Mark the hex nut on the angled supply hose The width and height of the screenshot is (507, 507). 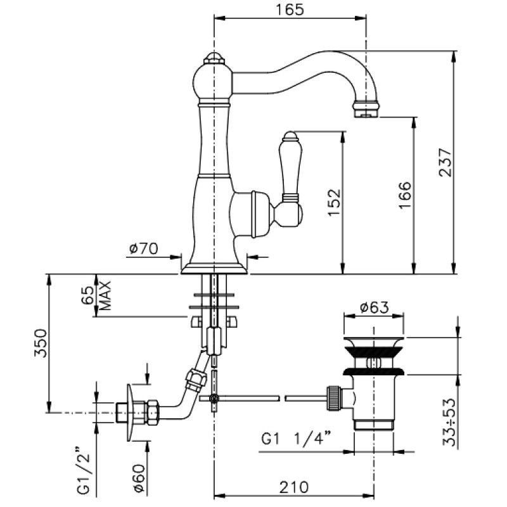(195, 380)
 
